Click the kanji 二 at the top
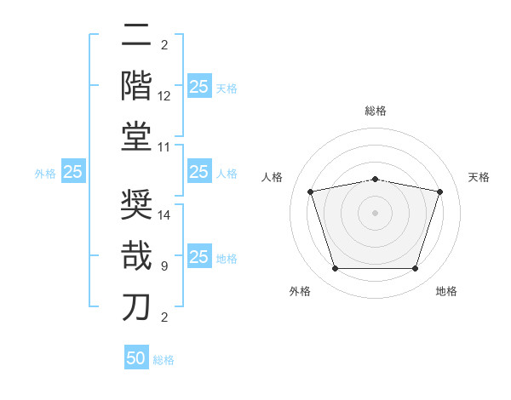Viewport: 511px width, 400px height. coord(137,36)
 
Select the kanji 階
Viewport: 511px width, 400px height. coord(137,85)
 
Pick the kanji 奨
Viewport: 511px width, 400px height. coord(137,205)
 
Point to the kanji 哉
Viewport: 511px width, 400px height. coord(137,255)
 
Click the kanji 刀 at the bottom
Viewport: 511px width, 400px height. coord(137,306)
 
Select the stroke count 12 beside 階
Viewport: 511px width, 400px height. coord(164,96)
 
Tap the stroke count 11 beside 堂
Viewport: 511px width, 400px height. coord(164,147)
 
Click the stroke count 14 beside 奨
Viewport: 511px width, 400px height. coord(164,216)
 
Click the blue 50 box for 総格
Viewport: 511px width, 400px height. coord(136,358)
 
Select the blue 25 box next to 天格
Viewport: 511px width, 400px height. coord(198,87)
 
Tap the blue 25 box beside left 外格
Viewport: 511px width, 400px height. coord(73,172)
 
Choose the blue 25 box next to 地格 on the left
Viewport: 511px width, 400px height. coord(198,257)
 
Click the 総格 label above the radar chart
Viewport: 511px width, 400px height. coord(376,111)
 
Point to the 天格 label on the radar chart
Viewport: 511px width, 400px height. coord(479,177)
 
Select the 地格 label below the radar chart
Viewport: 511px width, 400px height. coord(446,291)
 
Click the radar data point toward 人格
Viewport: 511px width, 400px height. coord(311,191)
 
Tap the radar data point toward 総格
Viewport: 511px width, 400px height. coord(376,179)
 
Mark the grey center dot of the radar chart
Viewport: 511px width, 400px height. coord(376,212)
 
